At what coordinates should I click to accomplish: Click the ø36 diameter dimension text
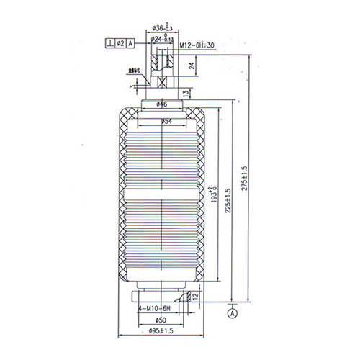pyautogui.click(x=159, y=29)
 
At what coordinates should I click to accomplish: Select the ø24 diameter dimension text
pyautogui.click(x=159, y=38)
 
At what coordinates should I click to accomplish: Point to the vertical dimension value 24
pyautogui.click(x=191, y=66)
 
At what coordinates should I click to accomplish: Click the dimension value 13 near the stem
pyautogui.click(x=186, y=94)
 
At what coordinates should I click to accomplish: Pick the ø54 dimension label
pyautogui.click(x=166, y=121)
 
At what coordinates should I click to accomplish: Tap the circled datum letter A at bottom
pyautogui.click(x=233, y=313)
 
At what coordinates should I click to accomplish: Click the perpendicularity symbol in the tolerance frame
pyautogui.click(x=108, y=45)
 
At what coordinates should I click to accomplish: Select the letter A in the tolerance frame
pyautogui.click(x=131, y=45)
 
